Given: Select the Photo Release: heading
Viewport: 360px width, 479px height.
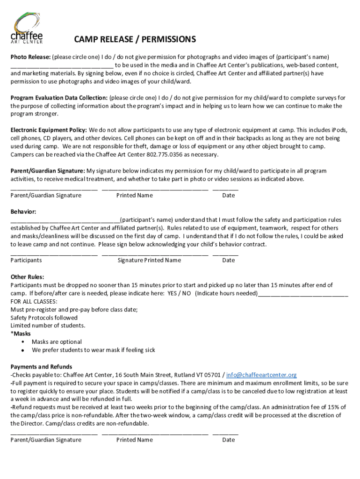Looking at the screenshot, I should [30, 57].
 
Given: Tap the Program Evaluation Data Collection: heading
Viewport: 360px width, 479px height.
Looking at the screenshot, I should [59, 98].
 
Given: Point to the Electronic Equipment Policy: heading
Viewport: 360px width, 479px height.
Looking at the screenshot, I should [49, 130].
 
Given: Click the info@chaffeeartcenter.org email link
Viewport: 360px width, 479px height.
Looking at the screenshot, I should [261, 375].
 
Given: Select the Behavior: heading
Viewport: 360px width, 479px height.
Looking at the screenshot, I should [23, 212].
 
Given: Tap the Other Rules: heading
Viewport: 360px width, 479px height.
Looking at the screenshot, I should [28, 277].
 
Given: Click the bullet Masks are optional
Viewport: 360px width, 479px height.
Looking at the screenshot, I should [57, 342].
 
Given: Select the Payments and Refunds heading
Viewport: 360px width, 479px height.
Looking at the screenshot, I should [41, 367].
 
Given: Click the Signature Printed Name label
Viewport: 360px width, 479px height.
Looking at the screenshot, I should [149, 260].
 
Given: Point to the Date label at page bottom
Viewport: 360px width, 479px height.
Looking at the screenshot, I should [228, 440].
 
